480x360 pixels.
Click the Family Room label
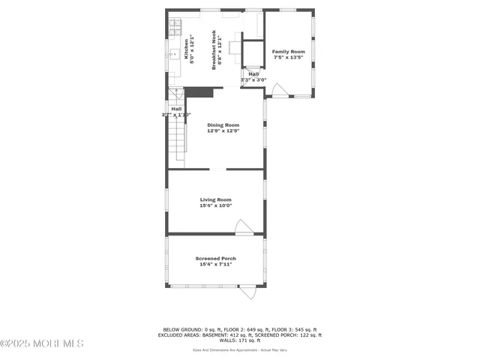coord(288,52)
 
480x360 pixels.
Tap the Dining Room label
coord(223,124)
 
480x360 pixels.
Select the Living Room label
coord(215,199)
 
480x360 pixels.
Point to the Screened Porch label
coord(215,258)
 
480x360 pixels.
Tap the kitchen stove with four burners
coord(174,28)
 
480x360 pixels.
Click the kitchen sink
coord(172,55)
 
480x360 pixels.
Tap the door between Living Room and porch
coord(243,226)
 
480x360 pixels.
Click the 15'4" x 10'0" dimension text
coord(215,205)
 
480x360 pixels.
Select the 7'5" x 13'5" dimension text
coord(288,58)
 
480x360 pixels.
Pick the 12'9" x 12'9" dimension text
coord(223,130)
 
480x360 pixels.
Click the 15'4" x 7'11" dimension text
coord(215,264)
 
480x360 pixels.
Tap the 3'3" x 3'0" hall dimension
coord(253,79)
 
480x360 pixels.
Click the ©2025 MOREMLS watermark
coord(42,343)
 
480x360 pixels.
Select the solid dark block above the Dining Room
coord(199,92)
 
